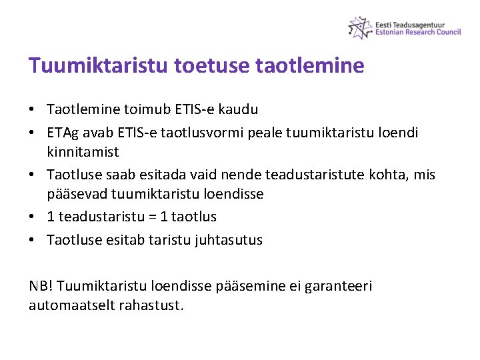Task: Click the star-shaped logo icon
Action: click(x=360, y=27)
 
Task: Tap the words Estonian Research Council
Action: click(x=418, y=31)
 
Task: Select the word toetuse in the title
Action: click(x=206, y=65)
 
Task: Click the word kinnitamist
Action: click(x=83, y=152)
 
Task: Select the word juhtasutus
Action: click(x=229, y=240)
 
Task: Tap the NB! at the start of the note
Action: click(x=41, y=286)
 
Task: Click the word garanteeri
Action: click(x=338, y=286)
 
